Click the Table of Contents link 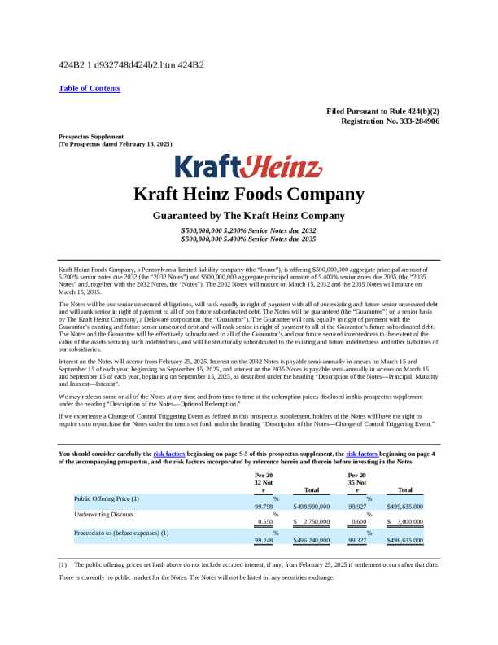(x=90, y=88)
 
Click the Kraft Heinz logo (x=249, y=166)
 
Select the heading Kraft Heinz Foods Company (x=249, y=195)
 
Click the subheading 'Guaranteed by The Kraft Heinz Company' (x=249, y=216)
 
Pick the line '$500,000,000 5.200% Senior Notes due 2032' (x=249, y=231)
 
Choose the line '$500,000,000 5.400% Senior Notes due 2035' (x=249, y=239)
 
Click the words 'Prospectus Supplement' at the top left (x=91, y=136)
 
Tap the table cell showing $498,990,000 (x=311, y=507)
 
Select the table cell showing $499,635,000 (x=405, y=507)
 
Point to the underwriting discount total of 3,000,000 (x=408, y=522)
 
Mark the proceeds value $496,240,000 (x=311, y=539)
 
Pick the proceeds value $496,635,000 (x=405, y=539)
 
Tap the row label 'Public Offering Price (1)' (x=107, y=498)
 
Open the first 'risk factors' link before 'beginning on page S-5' (x=169, y=452)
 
